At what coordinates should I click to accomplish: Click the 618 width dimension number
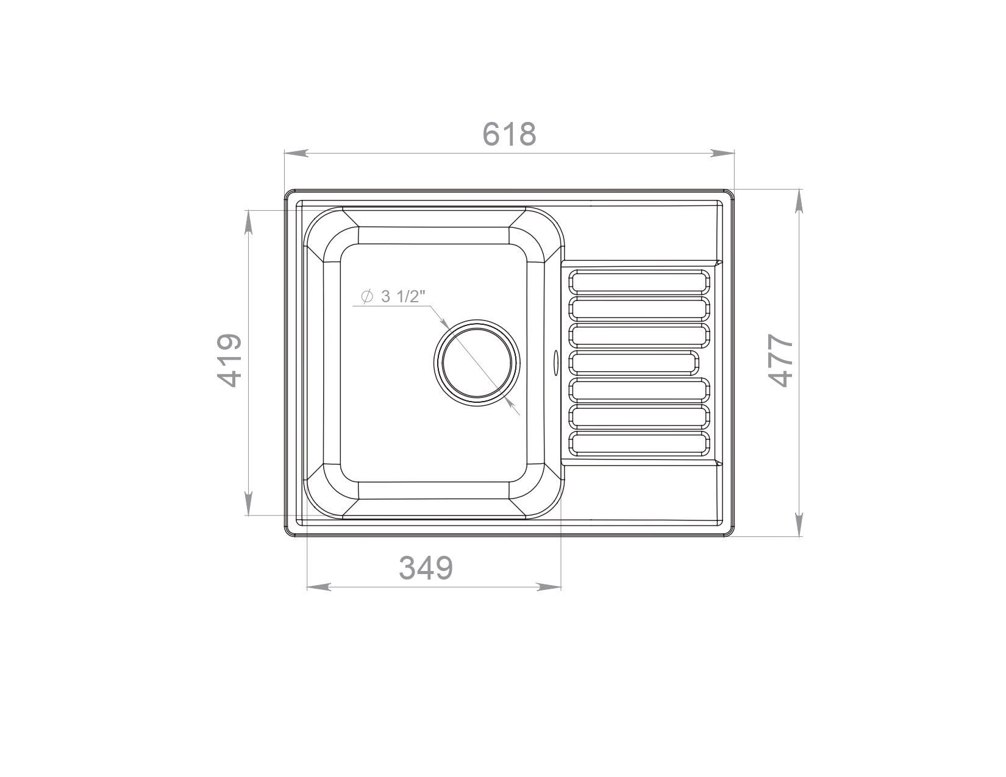508,134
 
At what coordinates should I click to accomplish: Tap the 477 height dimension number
780,361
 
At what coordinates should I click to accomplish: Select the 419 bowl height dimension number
229,361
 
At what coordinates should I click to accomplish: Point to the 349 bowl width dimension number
426,568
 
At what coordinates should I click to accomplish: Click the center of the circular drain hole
477,363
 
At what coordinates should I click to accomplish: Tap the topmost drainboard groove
639,282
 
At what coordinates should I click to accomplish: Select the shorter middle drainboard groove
633,363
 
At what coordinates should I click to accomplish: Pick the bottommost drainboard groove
639,443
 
